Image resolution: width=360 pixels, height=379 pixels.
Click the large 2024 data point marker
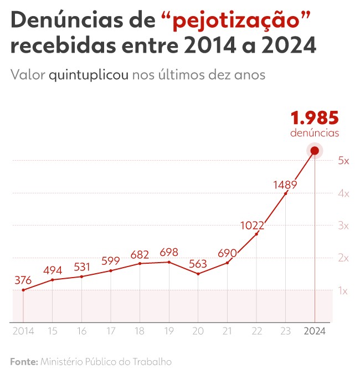315,150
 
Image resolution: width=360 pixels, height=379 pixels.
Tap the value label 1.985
315,118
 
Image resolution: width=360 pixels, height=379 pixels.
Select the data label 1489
285,185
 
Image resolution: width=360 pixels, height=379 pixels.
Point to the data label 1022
252,226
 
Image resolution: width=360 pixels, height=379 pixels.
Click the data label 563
198,264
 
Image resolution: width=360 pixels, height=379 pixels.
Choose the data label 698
168,253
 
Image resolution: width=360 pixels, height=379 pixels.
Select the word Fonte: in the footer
23,362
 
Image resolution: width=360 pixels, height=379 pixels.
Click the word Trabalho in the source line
152,362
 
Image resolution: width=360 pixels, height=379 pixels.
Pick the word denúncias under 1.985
315,133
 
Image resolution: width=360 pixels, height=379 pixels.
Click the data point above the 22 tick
256,234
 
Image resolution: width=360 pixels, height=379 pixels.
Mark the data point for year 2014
23,290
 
